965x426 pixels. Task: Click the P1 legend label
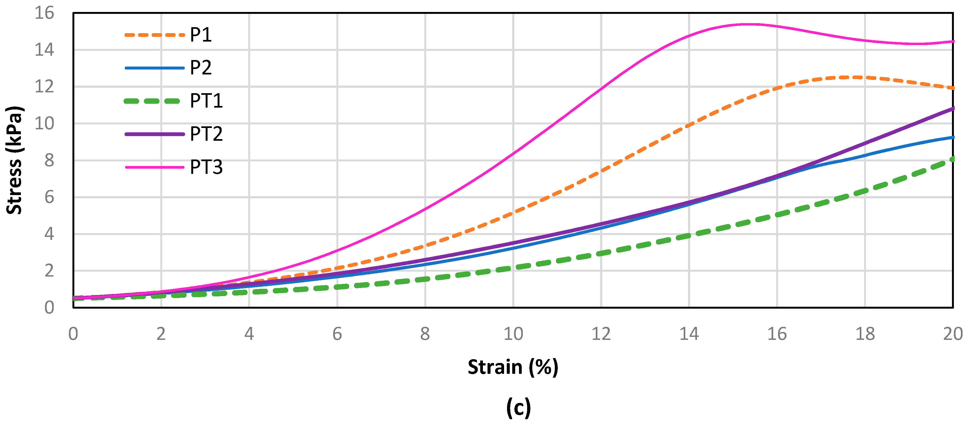coord(201,35)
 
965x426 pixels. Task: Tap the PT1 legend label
coord(206,101)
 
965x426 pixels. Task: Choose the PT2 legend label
coord(206,134)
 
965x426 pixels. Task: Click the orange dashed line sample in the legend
coord(154,35)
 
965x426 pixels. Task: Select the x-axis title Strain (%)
coord(513,367)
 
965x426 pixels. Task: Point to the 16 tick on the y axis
coord(44,13)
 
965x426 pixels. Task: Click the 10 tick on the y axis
coord(44,123)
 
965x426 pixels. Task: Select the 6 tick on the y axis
coord(49,197)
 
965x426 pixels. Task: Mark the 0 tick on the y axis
coord(49,308)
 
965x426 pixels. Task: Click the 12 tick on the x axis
coord(601,334)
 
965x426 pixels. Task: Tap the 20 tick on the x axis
coord(952,334)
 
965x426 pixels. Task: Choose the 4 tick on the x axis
coord(249,334)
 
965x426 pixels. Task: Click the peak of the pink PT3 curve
coord(749,24)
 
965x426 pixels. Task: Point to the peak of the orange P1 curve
coord(850,77)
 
